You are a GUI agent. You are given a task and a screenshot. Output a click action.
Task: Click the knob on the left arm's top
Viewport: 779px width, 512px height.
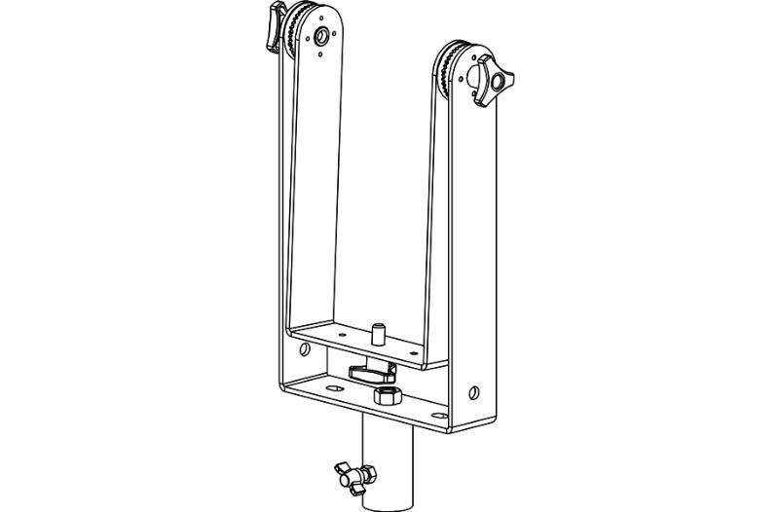click(274, 18)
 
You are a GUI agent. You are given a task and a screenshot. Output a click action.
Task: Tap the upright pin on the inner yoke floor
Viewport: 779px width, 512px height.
click(376, 333)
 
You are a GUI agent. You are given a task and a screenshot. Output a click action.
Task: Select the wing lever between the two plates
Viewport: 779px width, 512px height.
click(371, 371)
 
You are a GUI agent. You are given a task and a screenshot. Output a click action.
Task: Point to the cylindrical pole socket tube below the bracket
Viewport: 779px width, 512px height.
click(389, 462)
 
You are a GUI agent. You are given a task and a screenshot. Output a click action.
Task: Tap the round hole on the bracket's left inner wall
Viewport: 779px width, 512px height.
click(304, 348)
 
